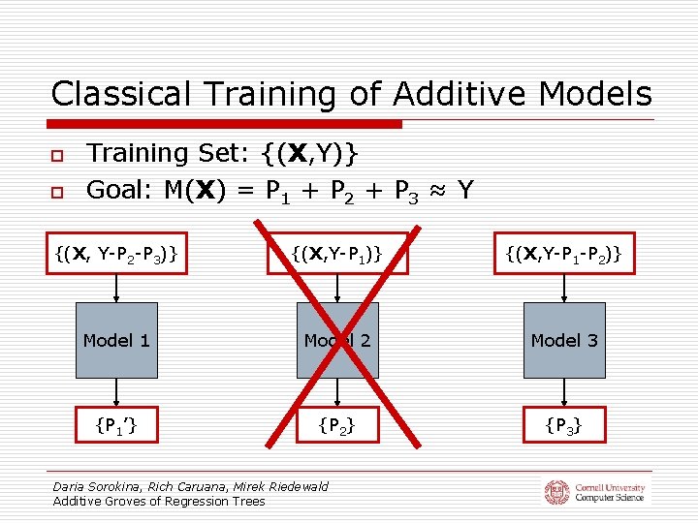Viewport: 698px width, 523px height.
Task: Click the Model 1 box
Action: point(116,340)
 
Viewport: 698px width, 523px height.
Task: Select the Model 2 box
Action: point(337,340)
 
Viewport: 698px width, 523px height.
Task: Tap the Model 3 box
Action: point(564,340)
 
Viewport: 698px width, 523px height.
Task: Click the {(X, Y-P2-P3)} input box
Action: point(116,254)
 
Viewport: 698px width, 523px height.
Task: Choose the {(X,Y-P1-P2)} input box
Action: point(564,254)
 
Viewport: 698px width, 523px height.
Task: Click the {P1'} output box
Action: point(116,423)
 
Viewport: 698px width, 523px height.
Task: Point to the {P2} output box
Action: point(337,423)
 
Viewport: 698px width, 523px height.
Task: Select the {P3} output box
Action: point(564,423)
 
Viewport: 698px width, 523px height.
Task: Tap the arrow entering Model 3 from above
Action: point(564,289)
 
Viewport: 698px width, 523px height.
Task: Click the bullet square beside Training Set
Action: point(57,156)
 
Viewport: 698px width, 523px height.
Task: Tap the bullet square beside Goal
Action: point(57,193)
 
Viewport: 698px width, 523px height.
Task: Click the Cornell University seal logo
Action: point(556,491)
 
